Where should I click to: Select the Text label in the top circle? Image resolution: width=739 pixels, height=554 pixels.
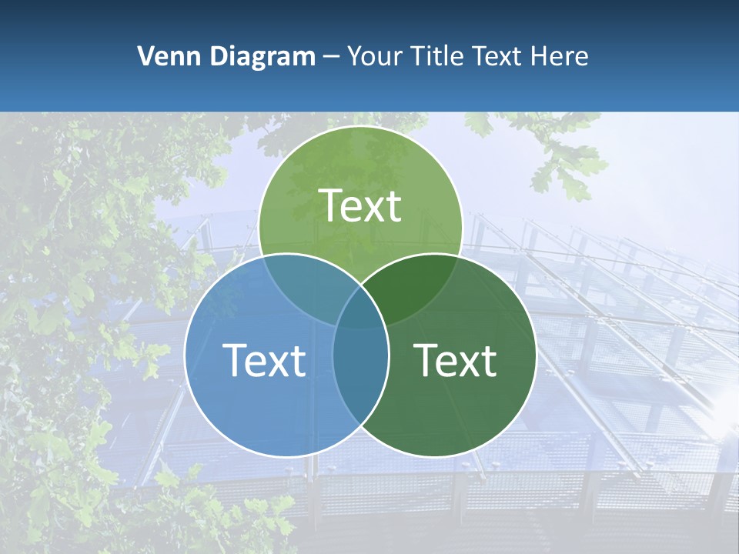click(x=360, y=205)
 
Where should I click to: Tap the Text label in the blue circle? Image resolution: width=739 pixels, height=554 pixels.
click(x=264, y=360)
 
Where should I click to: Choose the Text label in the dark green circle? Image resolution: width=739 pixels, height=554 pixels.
click(x=456, y=360)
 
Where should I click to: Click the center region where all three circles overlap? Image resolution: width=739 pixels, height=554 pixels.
click(x=360, y=312)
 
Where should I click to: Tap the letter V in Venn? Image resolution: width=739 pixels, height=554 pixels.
click(x=145, y=56)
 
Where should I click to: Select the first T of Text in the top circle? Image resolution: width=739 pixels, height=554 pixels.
click(x=331, y=205)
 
